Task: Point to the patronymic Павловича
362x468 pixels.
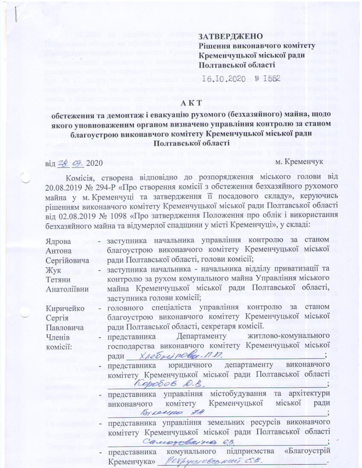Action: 65,326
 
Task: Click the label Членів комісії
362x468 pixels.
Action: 60,340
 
